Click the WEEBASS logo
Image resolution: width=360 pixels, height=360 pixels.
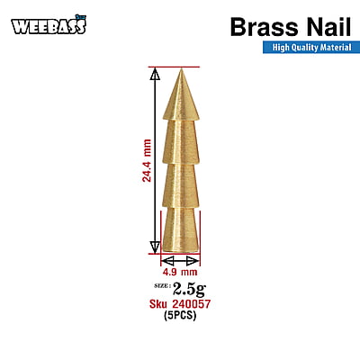click(x=49, y=25)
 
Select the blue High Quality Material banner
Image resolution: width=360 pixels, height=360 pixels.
click(x=311, y=48)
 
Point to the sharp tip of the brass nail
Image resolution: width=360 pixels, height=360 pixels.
click(x=181, y=69)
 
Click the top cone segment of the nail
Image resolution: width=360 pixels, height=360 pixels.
click(x=181, y=94)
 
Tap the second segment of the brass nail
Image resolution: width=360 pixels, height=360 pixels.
click(x=181, y=141)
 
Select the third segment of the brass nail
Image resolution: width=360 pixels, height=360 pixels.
click(x=181, y=185)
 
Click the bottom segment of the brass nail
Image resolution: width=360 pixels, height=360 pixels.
click(x=181, y=229)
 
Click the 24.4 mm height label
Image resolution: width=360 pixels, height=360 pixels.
click(x=147, y=160)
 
